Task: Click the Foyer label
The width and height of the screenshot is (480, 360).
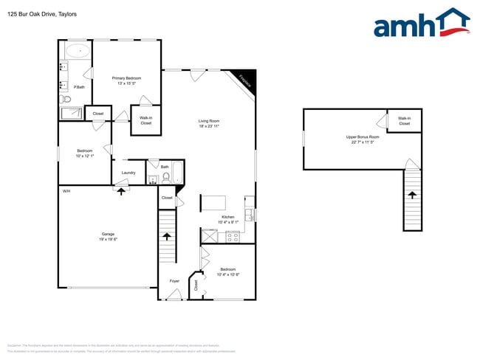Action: point(174,281)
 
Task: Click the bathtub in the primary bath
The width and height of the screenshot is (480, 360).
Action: point(77,52)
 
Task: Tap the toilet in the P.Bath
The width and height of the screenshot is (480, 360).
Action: point(66,98)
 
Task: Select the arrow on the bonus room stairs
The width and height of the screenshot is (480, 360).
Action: point(412,195)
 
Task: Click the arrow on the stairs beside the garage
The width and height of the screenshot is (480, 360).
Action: point(168,237)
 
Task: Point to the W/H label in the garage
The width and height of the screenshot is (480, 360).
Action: point(66,191)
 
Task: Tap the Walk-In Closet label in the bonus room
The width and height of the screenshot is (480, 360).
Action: point(404,121)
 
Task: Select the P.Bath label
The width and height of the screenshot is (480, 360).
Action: point(79,87)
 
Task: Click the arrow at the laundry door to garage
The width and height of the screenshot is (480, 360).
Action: point(120,190)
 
